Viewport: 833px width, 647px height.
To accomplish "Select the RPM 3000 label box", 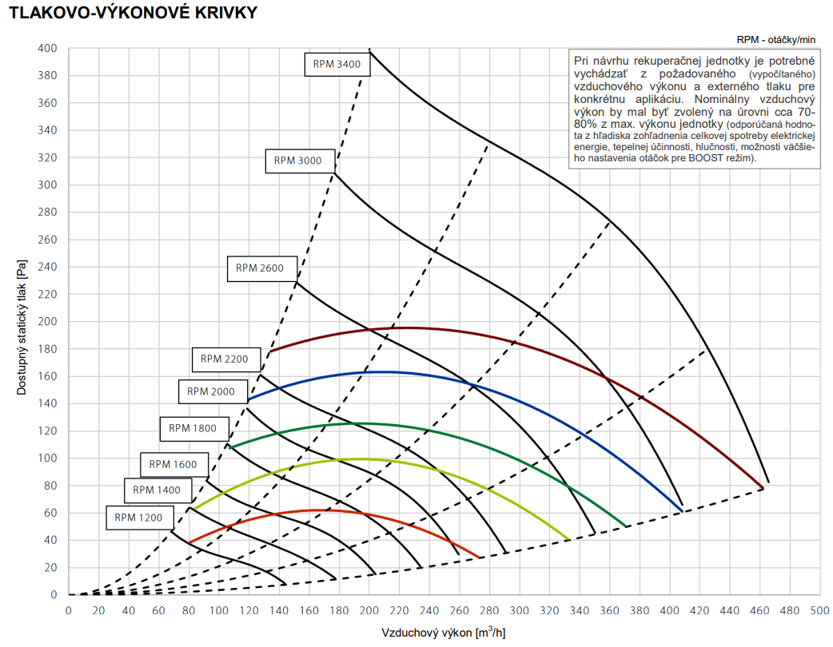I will click(298, 161).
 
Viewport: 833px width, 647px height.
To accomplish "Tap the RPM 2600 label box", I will click(260, 268).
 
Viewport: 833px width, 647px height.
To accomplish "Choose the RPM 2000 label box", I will click(211, 391).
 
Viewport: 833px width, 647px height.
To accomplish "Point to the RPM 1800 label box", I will click(193, 428).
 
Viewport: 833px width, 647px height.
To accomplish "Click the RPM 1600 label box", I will click(173, 464).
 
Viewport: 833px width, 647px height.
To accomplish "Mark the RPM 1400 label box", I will click(157, 490).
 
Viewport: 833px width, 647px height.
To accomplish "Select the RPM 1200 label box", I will click(138, 517).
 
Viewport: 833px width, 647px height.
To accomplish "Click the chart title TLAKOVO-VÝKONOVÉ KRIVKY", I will click(134, 14).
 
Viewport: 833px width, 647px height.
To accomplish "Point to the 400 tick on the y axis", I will click(47, 48).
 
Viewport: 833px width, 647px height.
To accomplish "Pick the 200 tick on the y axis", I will click(47, 321).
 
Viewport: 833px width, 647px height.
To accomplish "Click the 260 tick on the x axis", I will click(459, 611).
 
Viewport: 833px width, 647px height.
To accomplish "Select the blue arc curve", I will click(384, 372).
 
